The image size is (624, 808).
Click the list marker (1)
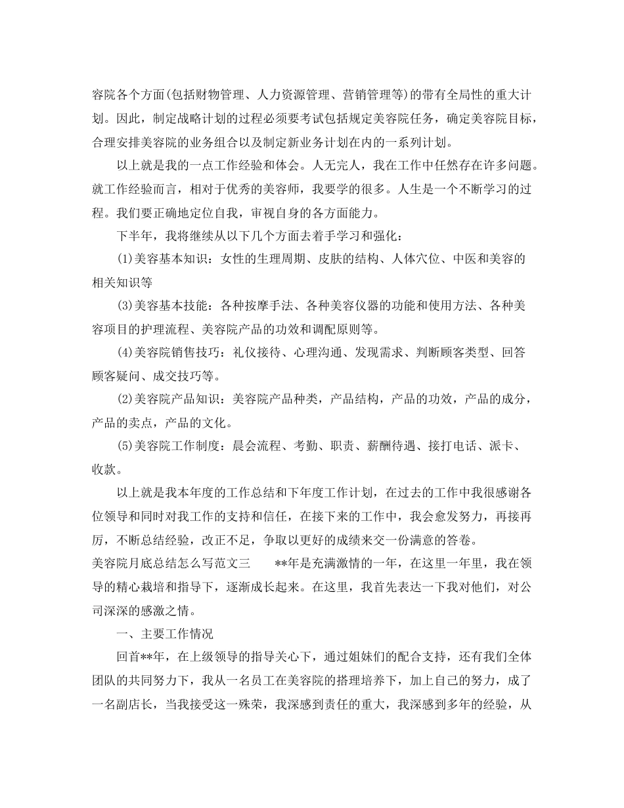tap(125, 258)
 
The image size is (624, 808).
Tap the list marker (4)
tap(125, 353)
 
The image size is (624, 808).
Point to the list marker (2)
tap(125, 399)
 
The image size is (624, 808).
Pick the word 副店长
tap(133, 705)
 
